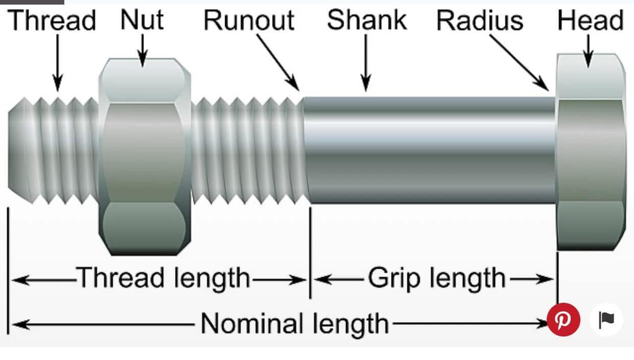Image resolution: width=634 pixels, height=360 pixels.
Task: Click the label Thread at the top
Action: [52, 20]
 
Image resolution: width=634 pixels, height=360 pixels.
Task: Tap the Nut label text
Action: [142, 19]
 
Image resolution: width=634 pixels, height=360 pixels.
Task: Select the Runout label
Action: [249, 20]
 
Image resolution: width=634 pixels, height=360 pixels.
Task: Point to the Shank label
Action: [367, 19]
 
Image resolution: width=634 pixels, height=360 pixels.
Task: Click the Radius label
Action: [480, 20]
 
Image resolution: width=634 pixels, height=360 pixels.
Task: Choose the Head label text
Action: [591, 20]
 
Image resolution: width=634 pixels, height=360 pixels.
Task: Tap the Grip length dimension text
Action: [437, 279]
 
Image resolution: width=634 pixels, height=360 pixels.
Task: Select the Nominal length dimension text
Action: [295, 324]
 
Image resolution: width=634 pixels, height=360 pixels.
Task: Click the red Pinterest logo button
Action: [563, 320]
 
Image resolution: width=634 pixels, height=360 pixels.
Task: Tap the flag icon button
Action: [606, 320]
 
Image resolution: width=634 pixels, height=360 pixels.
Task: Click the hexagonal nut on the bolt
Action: [144, 157]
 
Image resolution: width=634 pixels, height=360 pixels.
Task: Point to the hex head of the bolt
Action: [591, 152]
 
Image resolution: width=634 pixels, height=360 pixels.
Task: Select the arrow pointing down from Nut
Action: [142, 51]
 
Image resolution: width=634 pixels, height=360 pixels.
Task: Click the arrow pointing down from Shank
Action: [365, 63]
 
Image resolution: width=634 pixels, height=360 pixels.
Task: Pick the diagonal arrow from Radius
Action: [519, 63]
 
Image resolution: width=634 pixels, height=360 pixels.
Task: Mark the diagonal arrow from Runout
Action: [278, 62]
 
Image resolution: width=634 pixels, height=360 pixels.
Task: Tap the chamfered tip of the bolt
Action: [20, 150]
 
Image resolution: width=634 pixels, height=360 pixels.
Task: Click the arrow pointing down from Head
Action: [589, 51]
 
